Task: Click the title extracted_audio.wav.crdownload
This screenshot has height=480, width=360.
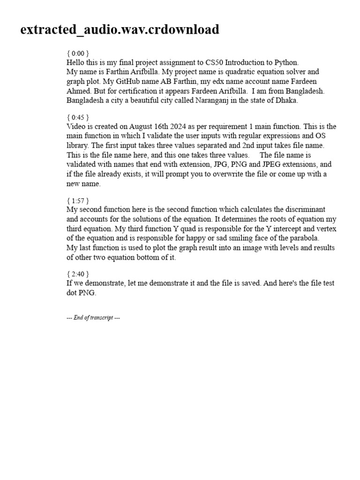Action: [x=120, y=30]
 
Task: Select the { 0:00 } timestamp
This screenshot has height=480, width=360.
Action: [x=77, y=53]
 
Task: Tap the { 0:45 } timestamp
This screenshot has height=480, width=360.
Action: [x=77, y=117]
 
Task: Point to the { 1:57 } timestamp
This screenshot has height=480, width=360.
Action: [x=77, y=200]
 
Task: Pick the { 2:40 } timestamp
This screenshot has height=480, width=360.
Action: [x=77, y=274]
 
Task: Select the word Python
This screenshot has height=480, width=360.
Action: [x=285, y=62]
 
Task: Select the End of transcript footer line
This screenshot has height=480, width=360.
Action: [x=93, y=318]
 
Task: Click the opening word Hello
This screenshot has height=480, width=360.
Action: [x=76, y=62]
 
